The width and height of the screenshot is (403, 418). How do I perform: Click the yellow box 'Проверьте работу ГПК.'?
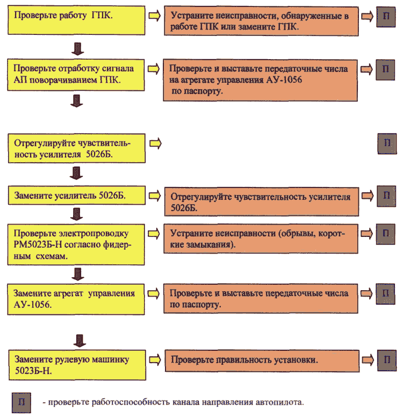coord(76,20)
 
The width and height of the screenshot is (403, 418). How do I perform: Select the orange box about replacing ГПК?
coord(261,21)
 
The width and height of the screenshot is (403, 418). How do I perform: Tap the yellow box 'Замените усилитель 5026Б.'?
coord(77,196)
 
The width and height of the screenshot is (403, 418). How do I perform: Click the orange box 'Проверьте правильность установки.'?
coord(262,361)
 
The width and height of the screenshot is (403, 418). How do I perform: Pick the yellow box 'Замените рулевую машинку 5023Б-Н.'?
coord(77,365)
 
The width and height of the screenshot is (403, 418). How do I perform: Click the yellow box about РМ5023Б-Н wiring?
coord(76,244)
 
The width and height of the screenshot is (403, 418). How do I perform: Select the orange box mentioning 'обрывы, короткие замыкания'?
coord(261,239)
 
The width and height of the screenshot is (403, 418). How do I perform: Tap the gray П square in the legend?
coord(21,402)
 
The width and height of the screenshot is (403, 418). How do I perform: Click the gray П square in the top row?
coord(386,17)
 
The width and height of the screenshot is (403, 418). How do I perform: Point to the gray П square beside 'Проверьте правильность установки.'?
coord(387,361)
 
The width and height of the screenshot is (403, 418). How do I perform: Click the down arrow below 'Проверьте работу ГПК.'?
coord(78,49)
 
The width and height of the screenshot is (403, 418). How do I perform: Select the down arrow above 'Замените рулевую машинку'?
coord(80,341)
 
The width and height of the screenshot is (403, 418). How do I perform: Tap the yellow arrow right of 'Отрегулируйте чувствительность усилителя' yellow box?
coord(155,143)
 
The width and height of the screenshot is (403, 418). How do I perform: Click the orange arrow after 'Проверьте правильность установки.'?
coord(368,360)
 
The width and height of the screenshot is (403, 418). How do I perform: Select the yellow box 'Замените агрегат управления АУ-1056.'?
coord(76,299)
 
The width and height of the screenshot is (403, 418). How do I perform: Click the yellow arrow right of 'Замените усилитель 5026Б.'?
coord(155,196)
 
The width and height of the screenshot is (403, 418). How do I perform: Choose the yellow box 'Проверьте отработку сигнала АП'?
coord(76,75)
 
